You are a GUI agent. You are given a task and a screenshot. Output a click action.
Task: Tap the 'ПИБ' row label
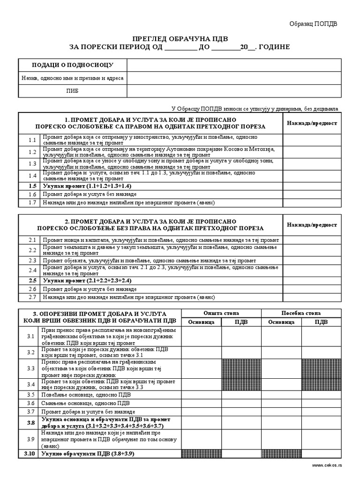click(x=72, y=91)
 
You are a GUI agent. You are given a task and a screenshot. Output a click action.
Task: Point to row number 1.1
click(x=32, y=140)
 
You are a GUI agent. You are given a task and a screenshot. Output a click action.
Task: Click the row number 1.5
click(x=32, y=186)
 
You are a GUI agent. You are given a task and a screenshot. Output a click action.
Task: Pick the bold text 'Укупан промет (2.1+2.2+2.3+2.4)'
click(x=87, y=280)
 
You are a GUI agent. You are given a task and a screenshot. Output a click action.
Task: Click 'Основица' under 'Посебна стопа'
click(x=281, y=322)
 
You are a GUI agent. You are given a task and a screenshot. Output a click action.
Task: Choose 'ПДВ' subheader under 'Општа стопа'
click(x=241, y=322)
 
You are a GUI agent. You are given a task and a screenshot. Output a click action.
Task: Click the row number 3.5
click(x=31, y=395)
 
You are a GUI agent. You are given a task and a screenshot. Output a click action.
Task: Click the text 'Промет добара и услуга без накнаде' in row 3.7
click(x=85, y=412)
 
